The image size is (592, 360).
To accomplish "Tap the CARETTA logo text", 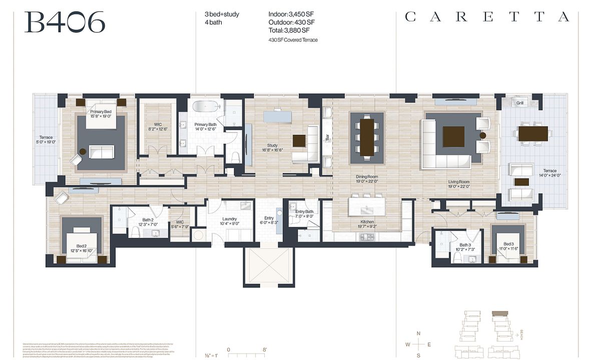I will pos(486,17).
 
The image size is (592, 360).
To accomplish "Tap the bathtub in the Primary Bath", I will pos(206,106).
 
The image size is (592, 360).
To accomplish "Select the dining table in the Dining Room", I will pos(367,136).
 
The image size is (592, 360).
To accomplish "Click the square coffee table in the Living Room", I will pos(453,136).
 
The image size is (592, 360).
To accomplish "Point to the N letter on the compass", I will pos(419,333).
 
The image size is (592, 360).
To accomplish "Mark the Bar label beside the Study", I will pos(327,136).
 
